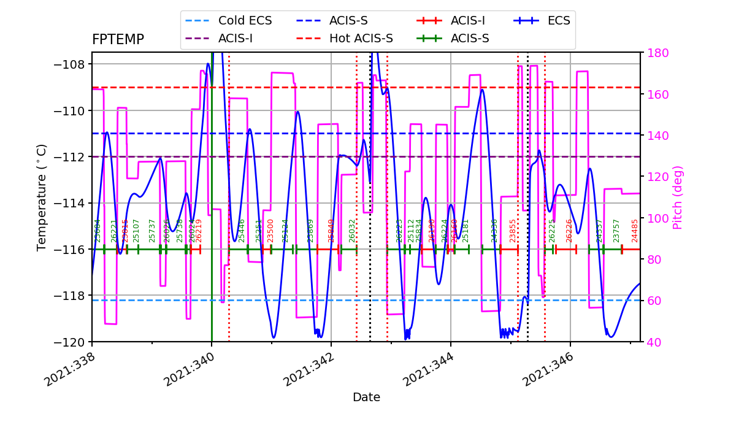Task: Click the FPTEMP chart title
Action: click(x=118, y=40)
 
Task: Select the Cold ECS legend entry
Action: click(x=245, y=20)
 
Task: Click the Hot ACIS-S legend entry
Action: click(x=361, y=39)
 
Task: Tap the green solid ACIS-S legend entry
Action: click(x=469, y=39)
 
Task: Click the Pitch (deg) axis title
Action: click(x=678, y=197)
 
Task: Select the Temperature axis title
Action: click(x=42, y=197)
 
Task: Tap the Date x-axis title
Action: click(x=366, y=398)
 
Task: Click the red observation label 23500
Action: click(x=270, y=230)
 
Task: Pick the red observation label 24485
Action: click(x=635, y=230)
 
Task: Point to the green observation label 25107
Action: click(x=136, y=230)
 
